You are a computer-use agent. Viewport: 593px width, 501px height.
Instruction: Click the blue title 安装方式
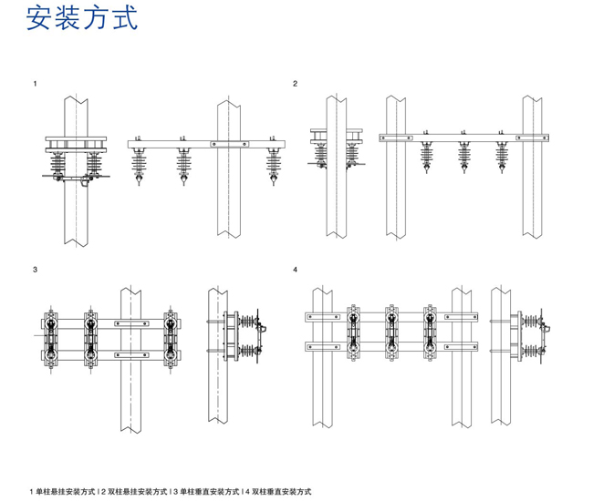(x=83, y=19)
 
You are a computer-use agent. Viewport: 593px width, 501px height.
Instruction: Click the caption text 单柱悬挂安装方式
(x=66, y=492)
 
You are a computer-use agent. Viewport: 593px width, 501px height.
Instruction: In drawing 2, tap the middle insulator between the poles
(x=463, y=154)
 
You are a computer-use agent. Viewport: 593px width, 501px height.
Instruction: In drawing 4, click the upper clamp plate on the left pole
(x=320, y=316)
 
